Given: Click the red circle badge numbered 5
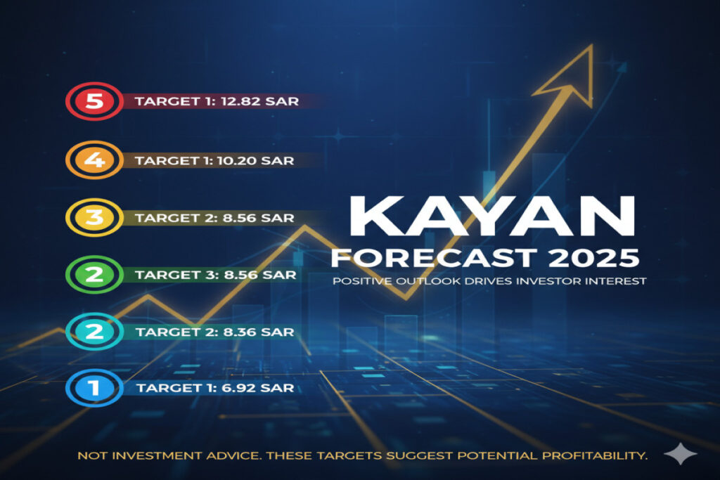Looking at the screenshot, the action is [95, 101].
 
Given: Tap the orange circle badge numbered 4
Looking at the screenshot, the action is [95, 160].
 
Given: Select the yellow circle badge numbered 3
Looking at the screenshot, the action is [95, 217].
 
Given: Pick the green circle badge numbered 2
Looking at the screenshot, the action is [95, 274].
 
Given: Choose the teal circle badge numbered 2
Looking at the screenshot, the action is [95, 331].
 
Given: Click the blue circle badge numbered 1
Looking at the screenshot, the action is [95, 388].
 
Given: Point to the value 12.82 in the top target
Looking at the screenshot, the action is [240, 101].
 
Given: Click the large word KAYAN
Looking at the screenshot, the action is [492, 216].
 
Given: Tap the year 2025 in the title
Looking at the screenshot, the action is [593, 257].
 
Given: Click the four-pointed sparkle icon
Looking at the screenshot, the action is [681, 453].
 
